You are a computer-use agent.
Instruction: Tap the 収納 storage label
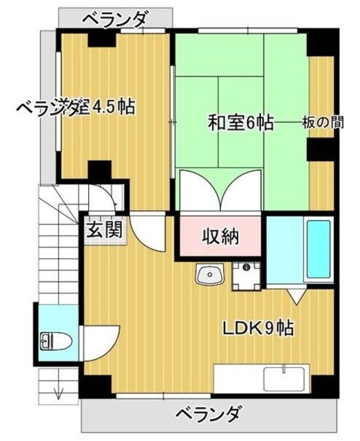(x=220, y=237)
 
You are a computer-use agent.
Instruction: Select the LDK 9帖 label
(x=257, y=328)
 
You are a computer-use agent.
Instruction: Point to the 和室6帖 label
(x=241, y=123)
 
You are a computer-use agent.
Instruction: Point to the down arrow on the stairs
(x=59, y=392)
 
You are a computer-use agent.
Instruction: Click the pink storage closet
(x=220, y=237)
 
